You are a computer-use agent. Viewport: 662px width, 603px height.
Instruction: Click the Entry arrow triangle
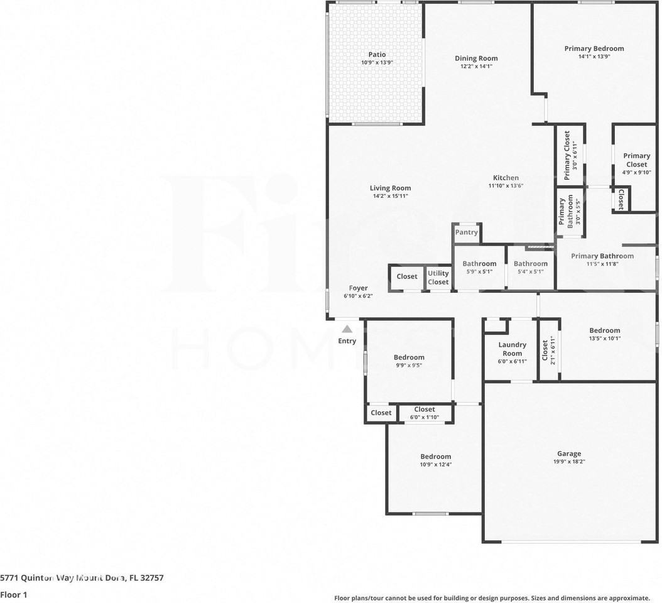[347, 329]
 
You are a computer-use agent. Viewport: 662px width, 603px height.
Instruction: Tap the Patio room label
[377, 55]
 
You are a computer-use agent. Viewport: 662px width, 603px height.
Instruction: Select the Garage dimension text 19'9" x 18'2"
[569, 462]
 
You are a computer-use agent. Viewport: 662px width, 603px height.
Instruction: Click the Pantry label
[467, 232]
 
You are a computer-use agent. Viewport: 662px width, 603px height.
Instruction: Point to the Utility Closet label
[438, 278]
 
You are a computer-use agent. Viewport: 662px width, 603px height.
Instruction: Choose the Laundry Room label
[512, 349]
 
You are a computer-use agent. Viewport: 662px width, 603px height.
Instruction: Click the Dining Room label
[476, 58]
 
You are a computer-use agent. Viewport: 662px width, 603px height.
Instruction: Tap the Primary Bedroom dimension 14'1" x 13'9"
[594, 57]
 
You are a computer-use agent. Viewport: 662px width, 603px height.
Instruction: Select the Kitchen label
[506, 178]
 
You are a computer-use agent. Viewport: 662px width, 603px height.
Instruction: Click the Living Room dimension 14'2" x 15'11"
[390, 196]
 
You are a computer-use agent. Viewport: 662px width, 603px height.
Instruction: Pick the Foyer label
[358, 288]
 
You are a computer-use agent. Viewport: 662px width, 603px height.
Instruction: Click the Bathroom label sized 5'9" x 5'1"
[479, 264]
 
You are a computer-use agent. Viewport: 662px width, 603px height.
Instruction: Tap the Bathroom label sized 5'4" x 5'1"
[530, 264]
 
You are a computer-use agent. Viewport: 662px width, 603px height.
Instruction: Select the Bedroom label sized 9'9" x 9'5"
[409, 357]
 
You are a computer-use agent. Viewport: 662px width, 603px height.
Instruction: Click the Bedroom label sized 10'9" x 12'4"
[435, 457]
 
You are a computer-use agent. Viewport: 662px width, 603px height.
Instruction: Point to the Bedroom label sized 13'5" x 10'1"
[604, 330]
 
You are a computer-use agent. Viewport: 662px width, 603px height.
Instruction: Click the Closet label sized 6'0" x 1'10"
[425, 410]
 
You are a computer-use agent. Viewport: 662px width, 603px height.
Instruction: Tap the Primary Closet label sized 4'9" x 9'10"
[636, 160]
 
